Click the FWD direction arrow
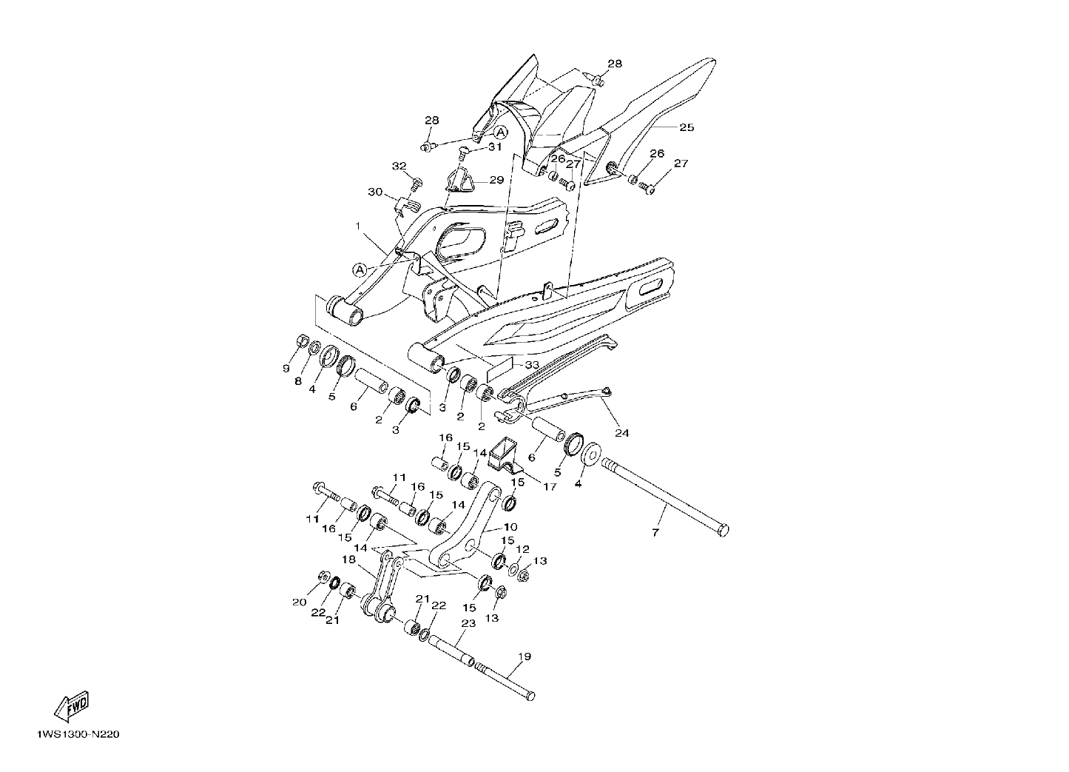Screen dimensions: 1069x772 click(x=72, y=706)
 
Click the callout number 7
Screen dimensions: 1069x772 click(x=655, y=533)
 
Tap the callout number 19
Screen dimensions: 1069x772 click(x=525, y=657)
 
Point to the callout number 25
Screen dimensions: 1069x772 click(x=687, y=127)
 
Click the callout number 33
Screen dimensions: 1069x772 click(x=532, y=365)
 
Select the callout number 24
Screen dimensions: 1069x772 click(x=622, y=433)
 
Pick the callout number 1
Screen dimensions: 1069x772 click(x=358, y=226)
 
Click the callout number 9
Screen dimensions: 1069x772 click(x=286, y=369)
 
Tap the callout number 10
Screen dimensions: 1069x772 click(x=510, y=527)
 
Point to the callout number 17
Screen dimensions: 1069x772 click(x=550, y=487)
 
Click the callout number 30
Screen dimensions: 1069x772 click(x=375, y=192)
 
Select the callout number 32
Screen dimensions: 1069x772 click(x=399, y=166)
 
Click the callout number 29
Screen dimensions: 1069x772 click(x=497, y=180)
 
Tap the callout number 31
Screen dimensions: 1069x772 click(x=495, y=147)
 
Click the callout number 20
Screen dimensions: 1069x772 click(x=299, y=603)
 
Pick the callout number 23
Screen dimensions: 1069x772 click(x=468, y=623)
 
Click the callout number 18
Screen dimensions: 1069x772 click(x=349, y=560)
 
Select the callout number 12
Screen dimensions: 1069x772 click(x=523, y=549)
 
